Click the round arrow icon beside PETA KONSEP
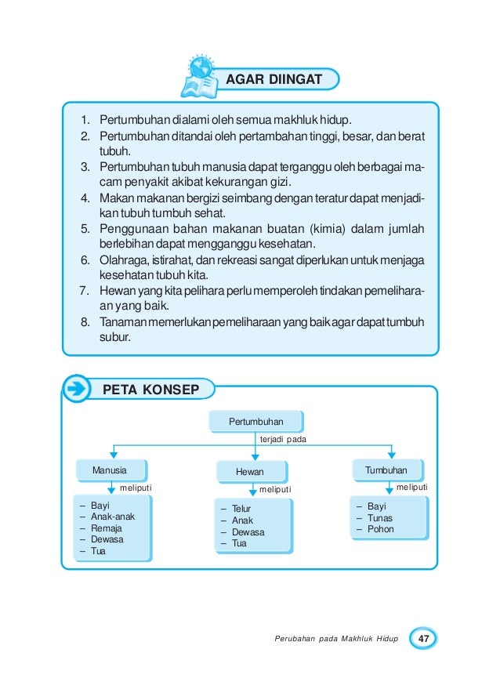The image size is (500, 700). (77, 389)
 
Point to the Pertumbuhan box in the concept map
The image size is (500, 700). (255, 423)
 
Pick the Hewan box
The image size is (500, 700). (250, 472)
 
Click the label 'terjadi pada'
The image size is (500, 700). (282, 440)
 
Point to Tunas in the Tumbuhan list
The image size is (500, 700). (380, 518)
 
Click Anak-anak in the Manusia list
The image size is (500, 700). (113, 517)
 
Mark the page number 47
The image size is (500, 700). (424, 639)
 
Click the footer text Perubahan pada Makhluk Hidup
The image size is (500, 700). (335, 640)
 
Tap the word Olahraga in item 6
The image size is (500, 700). (121, 259)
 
